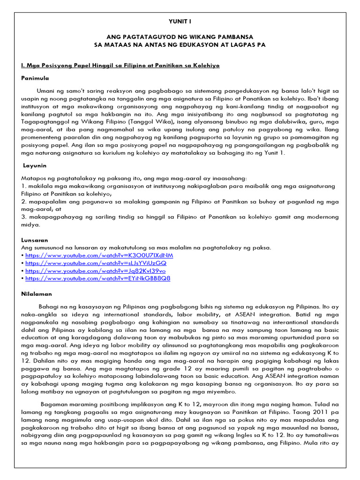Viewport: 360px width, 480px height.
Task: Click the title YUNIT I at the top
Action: coord(180,22)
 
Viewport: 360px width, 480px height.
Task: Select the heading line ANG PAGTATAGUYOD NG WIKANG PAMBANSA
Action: coord(180,37)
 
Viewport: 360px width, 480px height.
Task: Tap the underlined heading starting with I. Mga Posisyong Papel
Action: coord(120,65)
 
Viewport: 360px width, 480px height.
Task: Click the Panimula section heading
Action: coord(35,78)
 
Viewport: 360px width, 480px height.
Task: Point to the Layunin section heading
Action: coord(36,165)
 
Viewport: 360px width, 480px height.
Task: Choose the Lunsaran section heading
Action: coord(36,240)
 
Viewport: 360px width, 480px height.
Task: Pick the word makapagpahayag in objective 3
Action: coord(51,217)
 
